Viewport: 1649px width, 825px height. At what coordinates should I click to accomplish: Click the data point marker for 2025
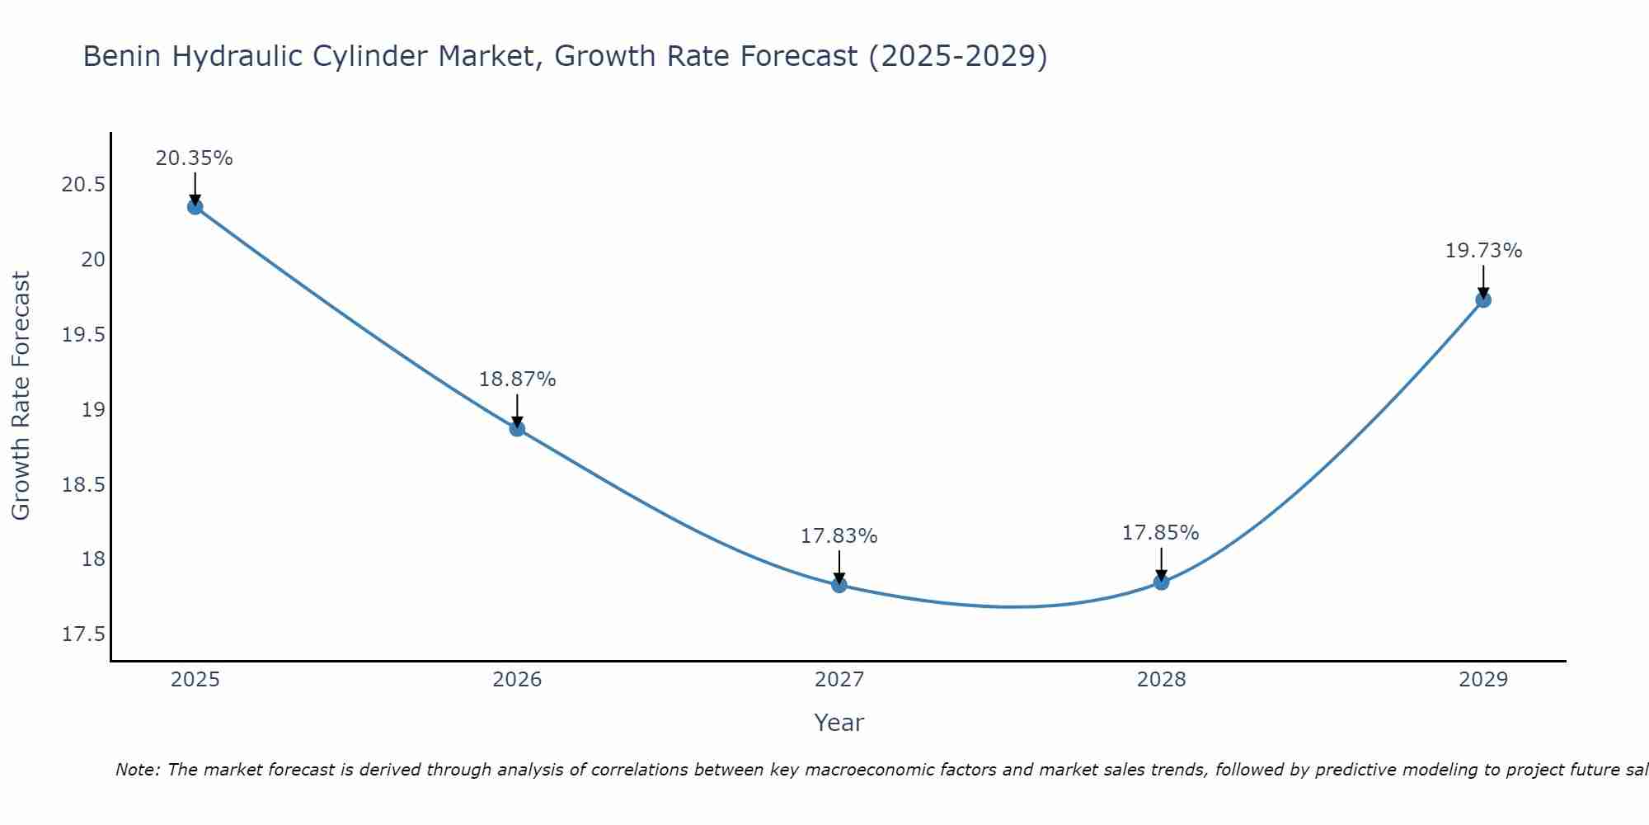point(195,206)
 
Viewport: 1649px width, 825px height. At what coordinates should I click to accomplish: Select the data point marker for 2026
point(517,428)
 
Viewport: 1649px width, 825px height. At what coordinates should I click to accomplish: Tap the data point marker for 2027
point(839,585)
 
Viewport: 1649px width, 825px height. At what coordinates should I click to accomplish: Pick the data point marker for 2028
point(1161,582)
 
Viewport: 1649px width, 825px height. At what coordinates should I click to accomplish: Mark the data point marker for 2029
point(1483,299)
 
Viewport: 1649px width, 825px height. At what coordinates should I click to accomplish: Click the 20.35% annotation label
point(195,158)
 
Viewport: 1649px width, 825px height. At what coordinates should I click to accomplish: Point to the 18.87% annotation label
point(517,379)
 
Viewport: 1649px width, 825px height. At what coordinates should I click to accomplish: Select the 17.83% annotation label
point(839,536)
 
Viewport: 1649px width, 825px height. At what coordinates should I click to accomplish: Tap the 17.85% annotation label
point(1160,533)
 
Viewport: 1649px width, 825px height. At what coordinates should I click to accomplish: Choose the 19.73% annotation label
point(1483,251)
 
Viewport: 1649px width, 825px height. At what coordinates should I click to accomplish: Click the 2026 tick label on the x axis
point(517,680)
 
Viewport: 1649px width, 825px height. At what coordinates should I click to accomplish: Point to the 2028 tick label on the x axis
point(1161,680)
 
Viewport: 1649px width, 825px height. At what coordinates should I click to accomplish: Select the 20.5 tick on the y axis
point(83,185)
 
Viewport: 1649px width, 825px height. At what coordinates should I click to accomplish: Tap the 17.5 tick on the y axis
point(83,634)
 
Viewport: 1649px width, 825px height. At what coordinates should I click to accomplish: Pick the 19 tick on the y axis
point(93,410)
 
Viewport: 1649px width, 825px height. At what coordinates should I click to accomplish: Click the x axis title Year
point(839,723)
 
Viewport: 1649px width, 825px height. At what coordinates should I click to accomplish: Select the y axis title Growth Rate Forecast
point(21,395)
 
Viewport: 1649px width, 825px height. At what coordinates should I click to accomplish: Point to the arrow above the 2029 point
point(1483,280)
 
